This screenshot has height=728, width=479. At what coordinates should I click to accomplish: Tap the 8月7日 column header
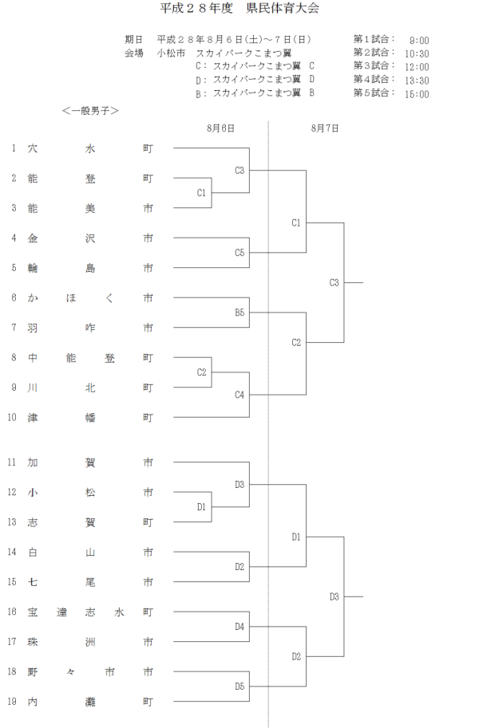click(x=325, y=128)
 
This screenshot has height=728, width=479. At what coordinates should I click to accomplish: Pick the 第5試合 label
click(x=374, y=93)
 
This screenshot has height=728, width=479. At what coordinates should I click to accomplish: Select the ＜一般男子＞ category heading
click(x=90, y=111)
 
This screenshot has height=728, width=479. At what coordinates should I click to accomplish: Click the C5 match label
click(x=239, y=253)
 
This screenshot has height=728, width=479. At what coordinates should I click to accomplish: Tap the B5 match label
click(x=239, y=313)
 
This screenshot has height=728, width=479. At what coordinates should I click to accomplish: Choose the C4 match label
click(x=239, y=394)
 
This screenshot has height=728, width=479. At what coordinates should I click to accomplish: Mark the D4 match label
click(x=239, y=627)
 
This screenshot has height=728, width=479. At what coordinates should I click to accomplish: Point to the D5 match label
click(x=239, y=686)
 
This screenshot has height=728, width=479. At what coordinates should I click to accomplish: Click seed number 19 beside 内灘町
click(x=12, y=702)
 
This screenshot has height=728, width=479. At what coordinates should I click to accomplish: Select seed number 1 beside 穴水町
click(x=13, y=148)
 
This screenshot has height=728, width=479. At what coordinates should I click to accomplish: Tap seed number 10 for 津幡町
click(x=12, y=417)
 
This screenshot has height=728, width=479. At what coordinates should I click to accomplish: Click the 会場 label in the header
click(x=133, y=53)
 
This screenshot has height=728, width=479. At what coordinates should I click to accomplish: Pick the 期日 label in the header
click(x=133, y=39)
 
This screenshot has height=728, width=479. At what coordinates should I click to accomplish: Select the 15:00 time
click(x=417, y=94)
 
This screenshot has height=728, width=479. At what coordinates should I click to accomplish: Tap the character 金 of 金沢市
click(x=33, y=238)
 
